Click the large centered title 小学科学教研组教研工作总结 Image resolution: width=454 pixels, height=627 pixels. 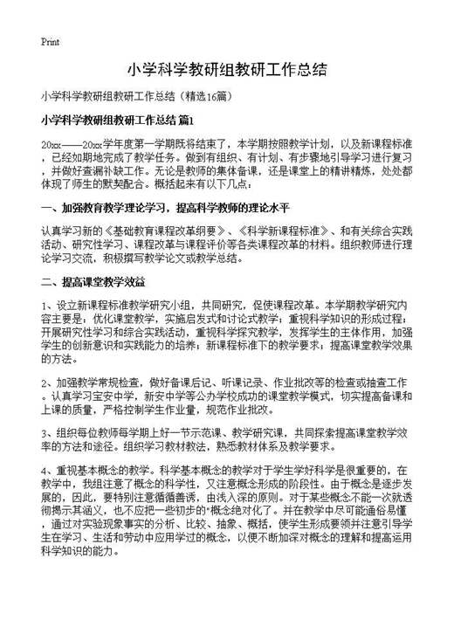pyautogui.click(x=226, y=69)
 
